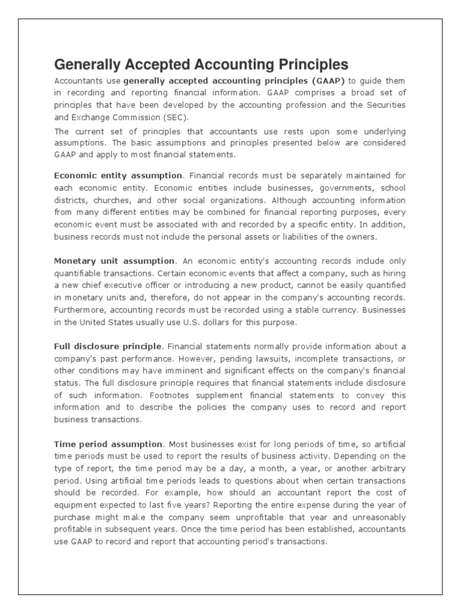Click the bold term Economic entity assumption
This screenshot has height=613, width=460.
click(118, 175)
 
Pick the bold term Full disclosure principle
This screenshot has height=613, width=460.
click(108, 347)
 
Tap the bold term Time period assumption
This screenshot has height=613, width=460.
click(108, 444)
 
